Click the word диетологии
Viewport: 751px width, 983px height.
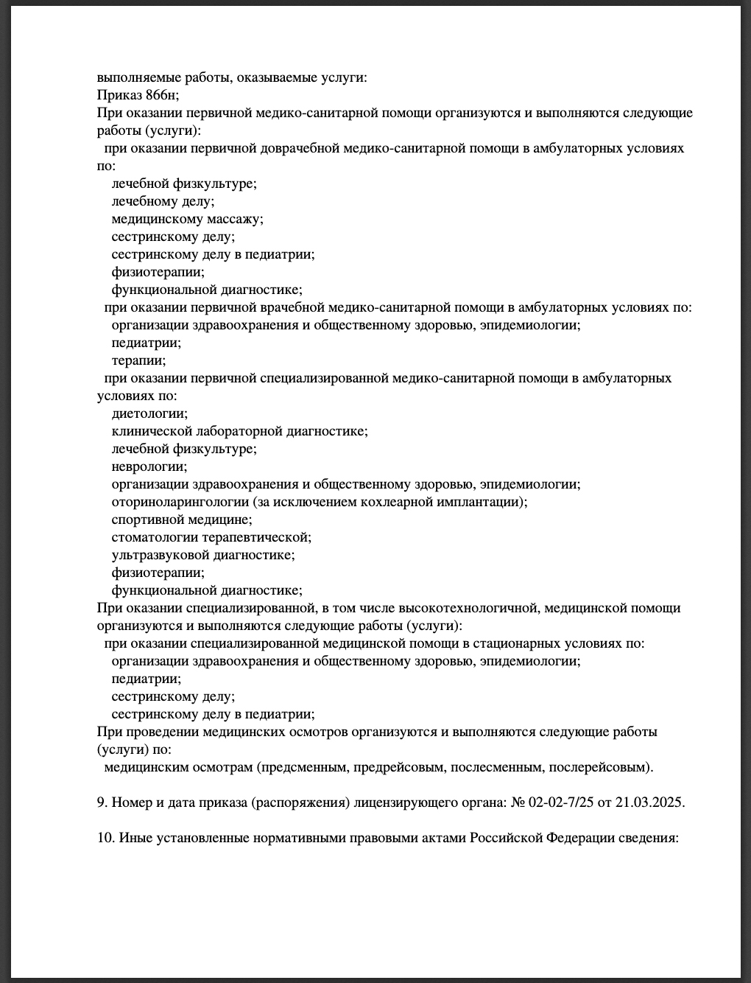(149, 413)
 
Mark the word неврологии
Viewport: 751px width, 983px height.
(149, 466)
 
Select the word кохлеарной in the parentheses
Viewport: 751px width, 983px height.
(401, 502)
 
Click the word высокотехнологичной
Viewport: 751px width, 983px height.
(462, 608)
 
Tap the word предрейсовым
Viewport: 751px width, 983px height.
(398, 767)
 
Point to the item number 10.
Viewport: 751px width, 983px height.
(104, 838)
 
